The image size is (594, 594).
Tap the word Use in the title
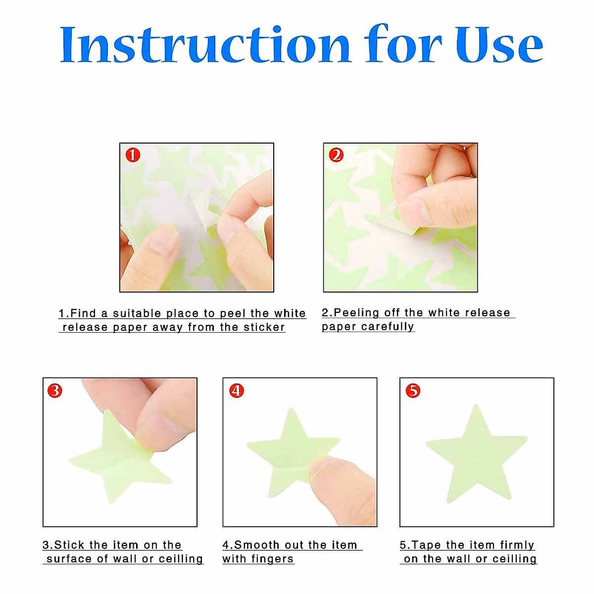(x=499, y=46)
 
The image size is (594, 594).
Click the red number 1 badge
(x=132, y=155)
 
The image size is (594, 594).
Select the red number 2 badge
(x=336, y=155)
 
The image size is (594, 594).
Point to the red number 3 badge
(x=55, y=391)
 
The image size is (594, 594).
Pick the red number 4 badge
(x=237, y=391)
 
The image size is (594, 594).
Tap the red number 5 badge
(x=413, y=391)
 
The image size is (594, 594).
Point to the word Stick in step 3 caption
(x=69, y=545)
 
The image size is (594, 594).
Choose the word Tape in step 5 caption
(x=427, y=545)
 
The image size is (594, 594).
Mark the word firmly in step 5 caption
(x=517, y=545)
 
